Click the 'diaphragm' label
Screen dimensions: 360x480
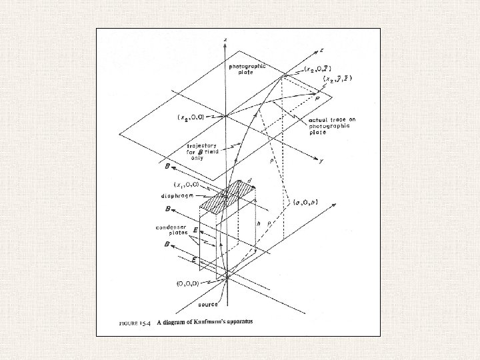point(177,196)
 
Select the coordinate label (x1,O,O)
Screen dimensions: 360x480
point(187,185)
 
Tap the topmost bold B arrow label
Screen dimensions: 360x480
point(165,165)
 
